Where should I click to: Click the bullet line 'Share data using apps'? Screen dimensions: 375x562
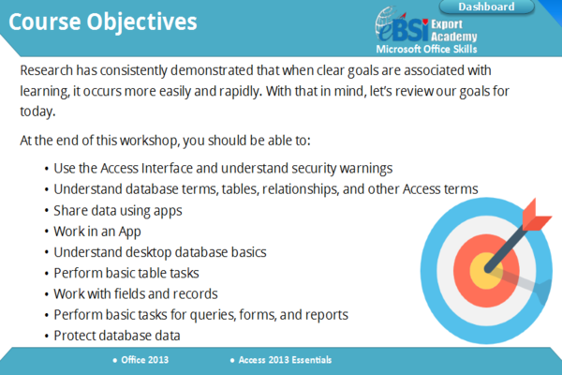click(x=117, y=210)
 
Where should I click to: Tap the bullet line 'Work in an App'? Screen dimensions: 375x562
click(x=98, y=231)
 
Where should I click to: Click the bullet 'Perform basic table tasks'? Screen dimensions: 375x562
click(x=126, y=273)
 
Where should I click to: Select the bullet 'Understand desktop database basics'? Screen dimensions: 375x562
click(x=160, y=252)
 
